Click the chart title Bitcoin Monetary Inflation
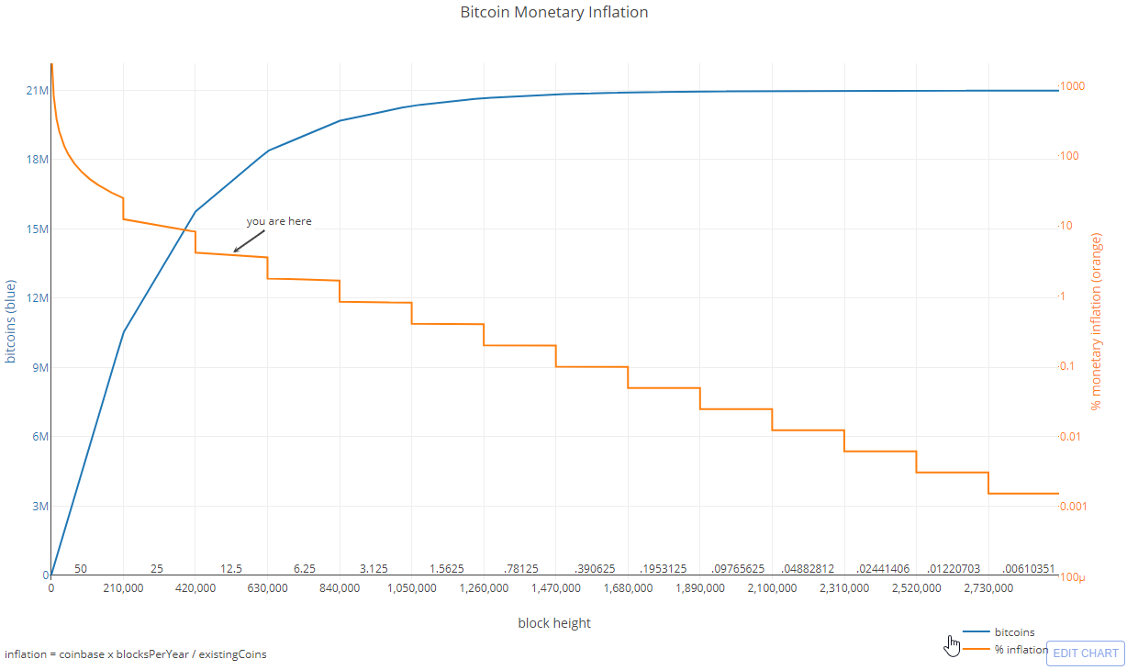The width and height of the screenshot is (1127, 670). (x=553, y=13)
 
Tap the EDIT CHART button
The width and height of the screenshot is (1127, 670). (x=1086, y=653)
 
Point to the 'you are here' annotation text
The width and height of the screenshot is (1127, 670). (x=279, y=221)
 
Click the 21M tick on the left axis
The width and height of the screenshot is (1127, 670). (x=37, y=90)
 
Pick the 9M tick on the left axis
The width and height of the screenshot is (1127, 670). (x=39, y=367)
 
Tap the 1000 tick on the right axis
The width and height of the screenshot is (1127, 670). (x=1073, y=86)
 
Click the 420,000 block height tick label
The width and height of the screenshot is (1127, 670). (x=195, y=587)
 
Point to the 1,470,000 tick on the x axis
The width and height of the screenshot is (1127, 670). (x=555, y=587)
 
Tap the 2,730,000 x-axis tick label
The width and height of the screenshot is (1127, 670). (x=988, y=587)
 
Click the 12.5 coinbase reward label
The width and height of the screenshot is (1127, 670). (x=231, y=569)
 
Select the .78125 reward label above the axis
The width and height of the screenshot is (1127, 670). (x=520, y=569)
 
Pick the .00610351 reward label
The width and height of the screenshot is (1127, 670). (x=1028, y=569)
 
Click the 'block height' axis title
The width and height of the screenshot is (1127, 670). (x=554, y=623)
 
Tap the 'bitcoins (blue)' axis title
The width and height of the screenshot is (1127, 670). (x=11, y=321)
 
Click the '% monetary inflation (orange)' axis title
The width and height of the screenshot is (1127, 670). (x=1095, y=321)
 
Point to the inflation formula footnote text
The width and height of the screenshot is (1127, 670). (x=136, y=654)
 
